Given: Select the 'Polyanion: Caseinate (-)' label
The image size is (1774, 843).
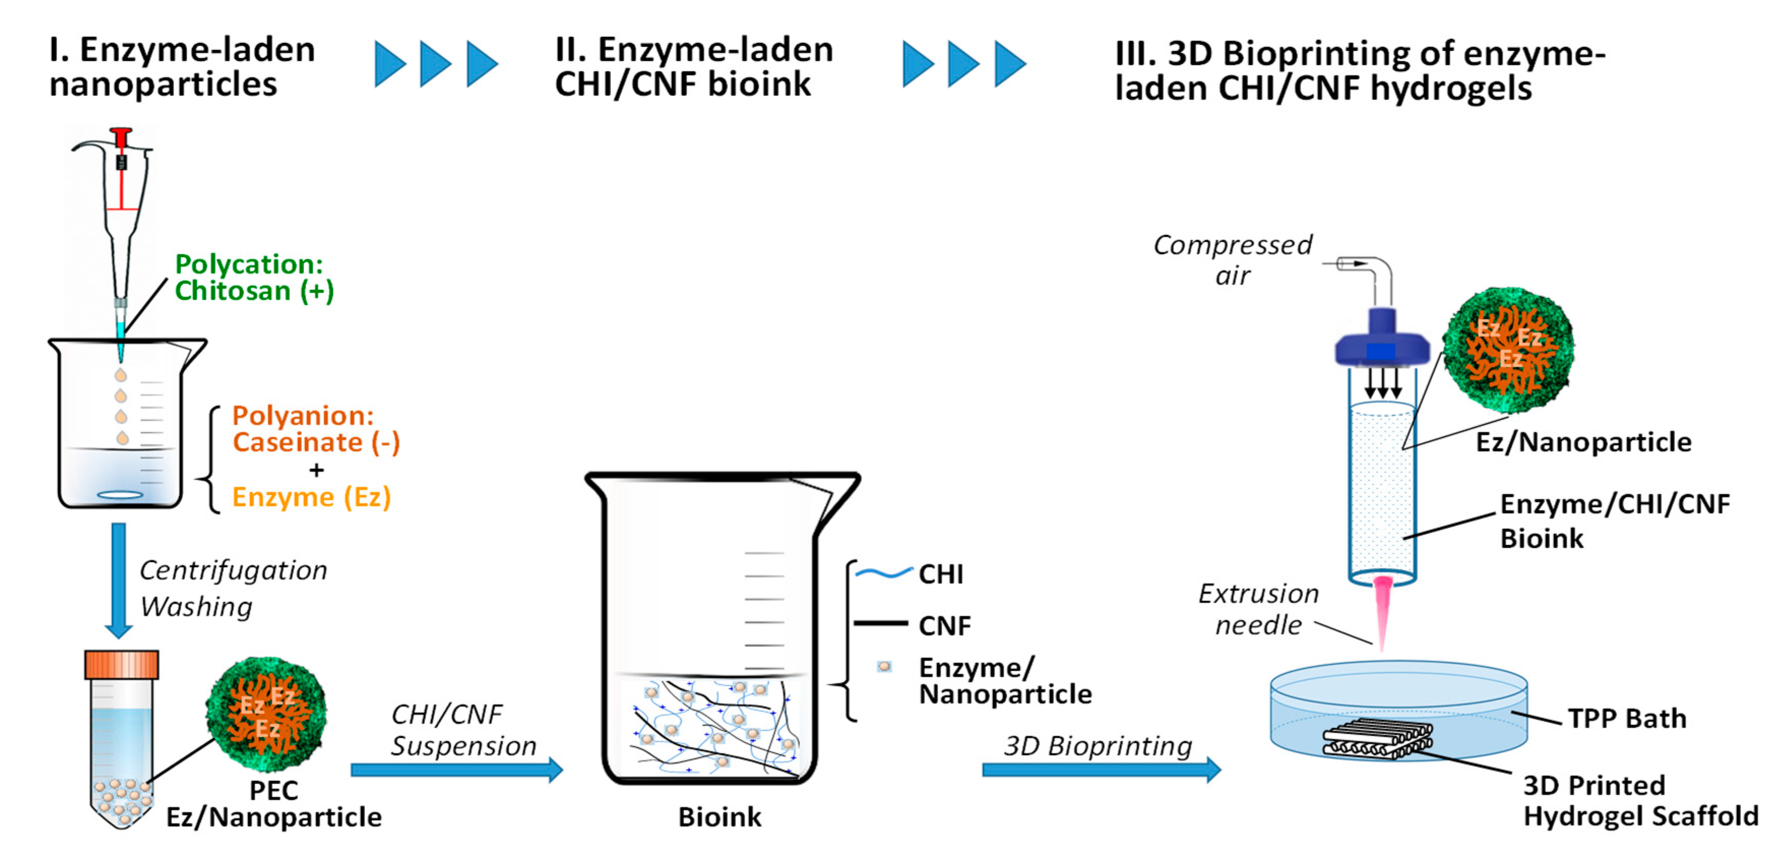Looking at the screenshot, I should pos(315,428).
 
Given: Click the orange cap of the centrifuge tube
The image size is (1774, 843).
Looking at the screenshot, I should pos(121,665).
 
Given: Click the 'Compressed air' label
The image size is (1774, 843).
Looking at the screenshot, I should pos(1233,260).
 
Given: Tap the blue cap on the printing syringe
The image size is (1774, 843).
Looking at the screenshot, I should pos(1381,345).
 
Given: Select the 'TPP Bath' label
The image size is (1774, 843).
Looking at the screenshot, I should pos(1627,719).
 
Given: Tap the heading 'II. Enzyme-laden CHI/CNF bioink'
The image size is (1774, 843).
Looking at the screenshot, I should pos(693,67).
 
